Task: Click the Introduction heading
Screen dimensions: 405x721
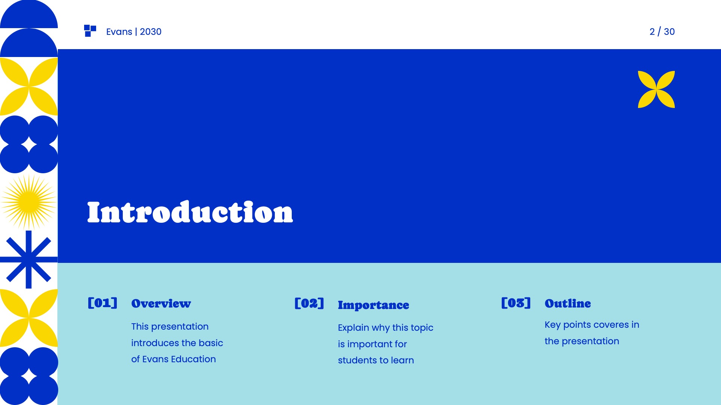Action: click(x=190, y=212)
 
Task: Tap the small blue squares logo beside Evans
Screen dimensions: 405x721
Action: click(x=90, y=31)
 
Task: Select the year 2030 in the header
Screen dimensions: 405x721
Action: click(x=151, y=32)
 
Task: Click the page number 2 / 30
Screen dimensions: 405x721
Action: click(x=662, y=32)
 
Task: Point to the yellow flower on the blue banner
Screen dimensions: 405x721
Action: click(x=656, y=89)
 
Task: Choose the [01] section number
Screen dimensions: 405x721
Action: click(x=103, y=303)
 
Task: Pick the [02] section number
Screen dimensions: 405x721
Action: click(x=309, y=303)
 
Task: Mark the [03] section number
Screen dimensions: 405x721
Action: click(x=516, y=303)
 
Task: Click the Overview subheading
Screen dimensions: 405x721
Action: click(x=161, y=303)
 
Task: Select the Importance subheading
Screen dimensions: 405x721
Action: click(x=373, y=305)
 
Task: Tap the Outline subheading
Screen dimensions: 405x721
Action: click(x=567, y=303)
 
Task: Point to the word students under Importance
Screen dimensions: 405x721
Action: click(x=357, y=360)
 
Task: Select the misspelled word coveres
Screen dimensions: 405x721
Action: click(x=611, y=325)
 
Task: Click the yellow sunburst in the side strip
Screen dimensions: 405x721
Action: click(x=29, y=202)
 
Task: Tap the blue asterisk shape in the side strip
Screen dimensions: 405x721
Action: click(x=29, y=259)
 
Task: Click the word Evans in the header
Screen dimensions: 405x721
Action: click(x=119, y=32)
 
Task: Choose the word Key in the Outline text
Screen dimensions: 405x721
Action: click(x=552, y=325)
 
